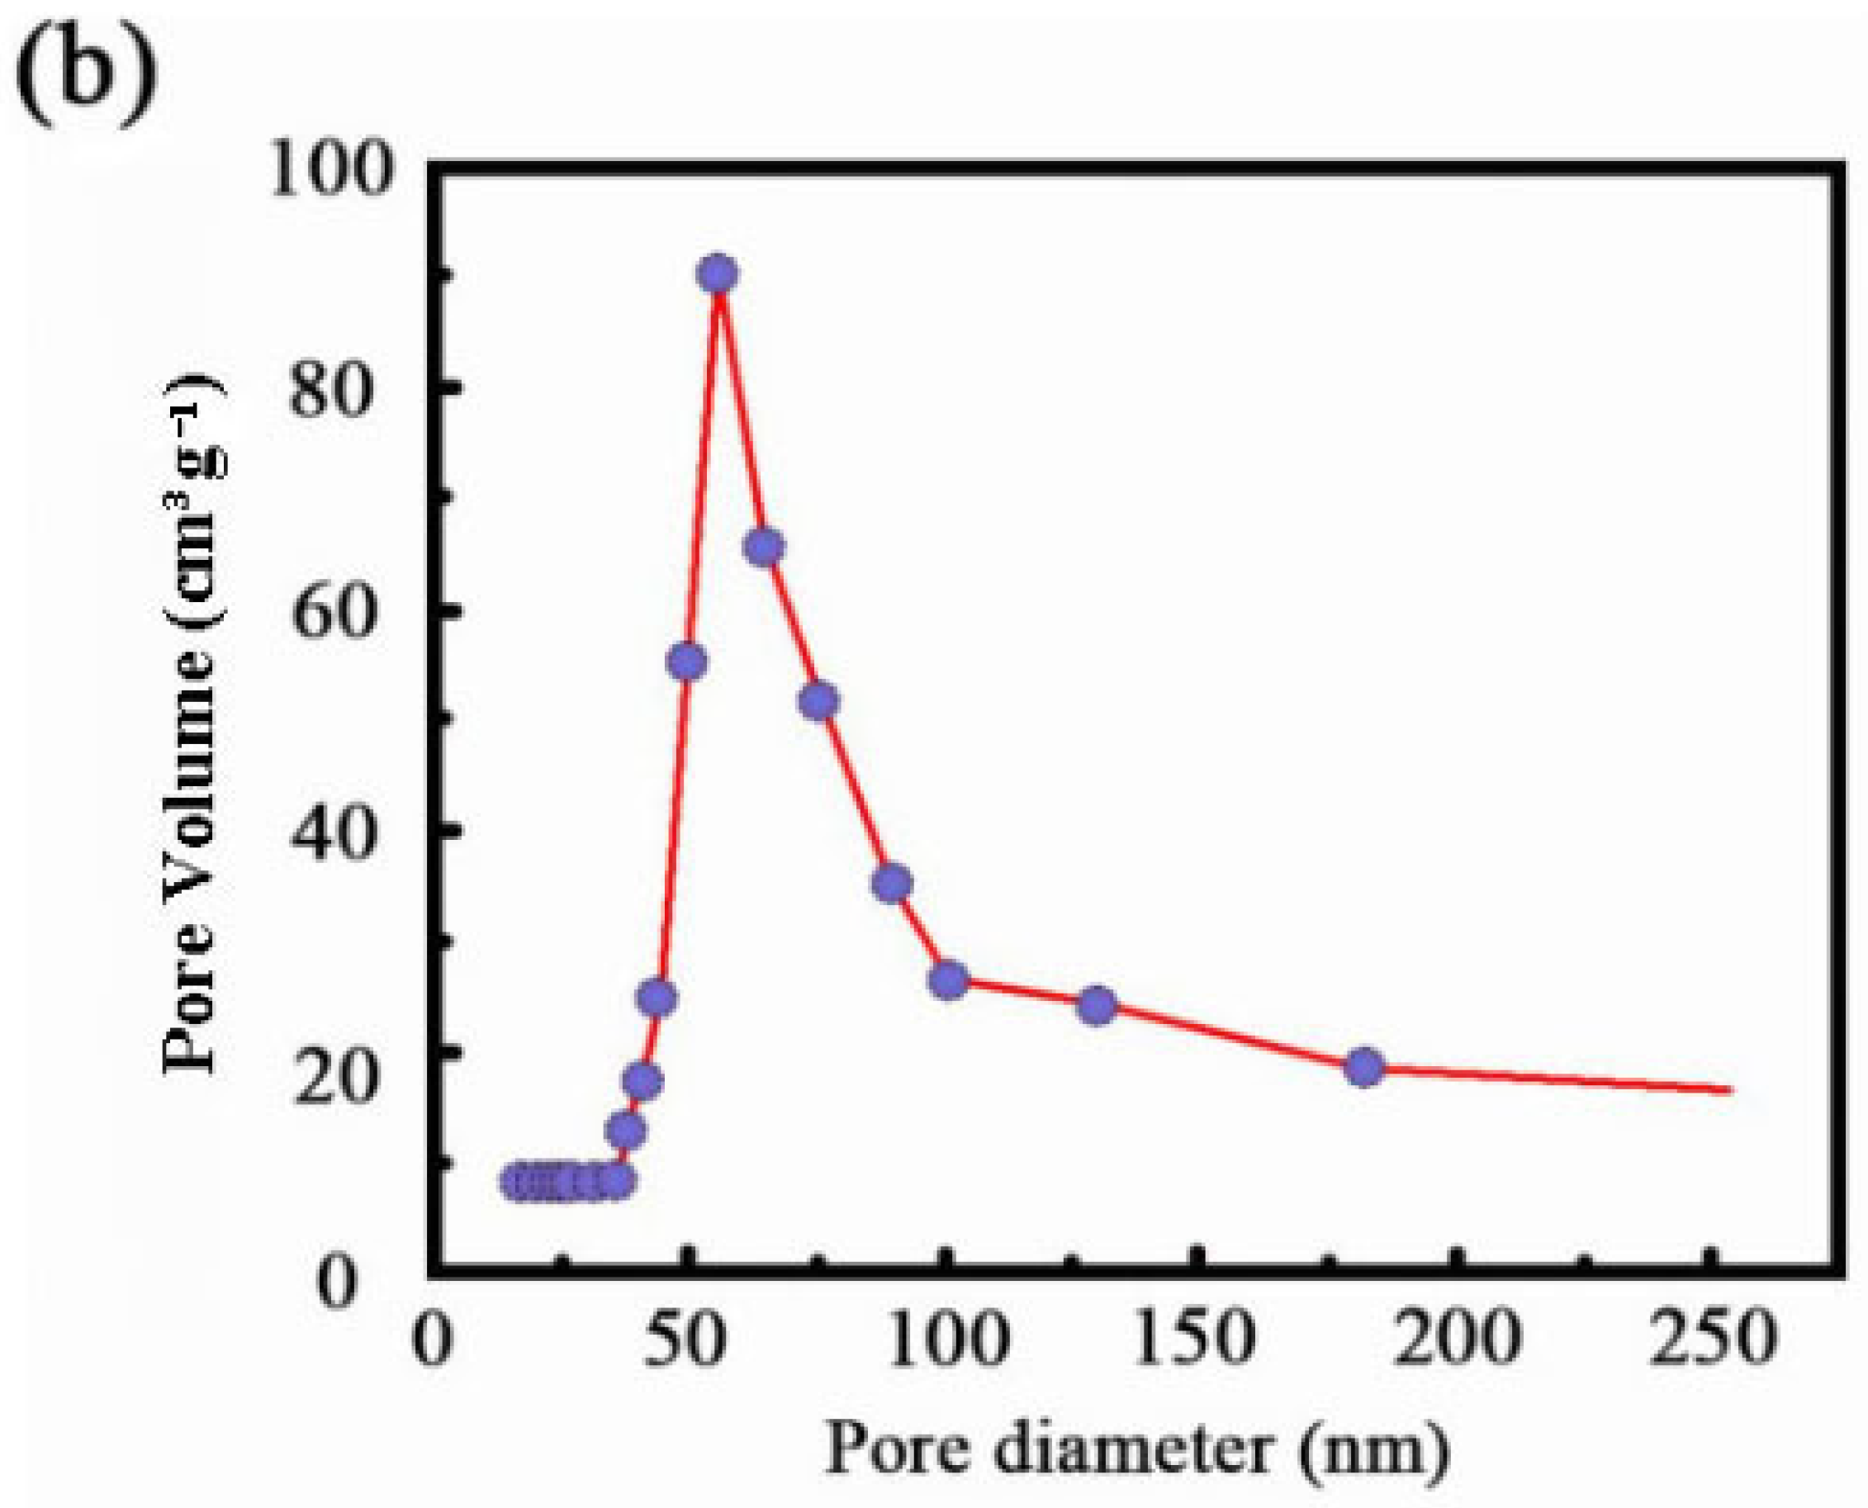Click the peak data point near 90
(718, 274)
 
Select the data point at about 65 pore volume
(764, 547)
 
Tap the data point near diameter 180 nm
(1364, 1067)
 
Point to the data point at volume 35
(892, 884)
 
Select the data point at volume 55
(686, 663)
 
